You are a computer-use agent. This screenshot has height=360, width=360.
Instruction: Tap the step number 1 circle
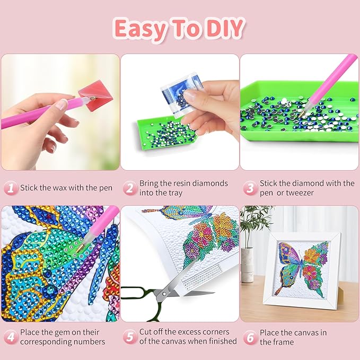tap(10, 188)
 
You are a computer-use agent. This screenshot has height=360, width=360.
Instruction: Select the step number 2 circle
tap(129, 188)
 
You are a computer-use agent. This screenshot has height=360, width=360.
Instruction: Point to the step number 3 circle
tap(249, 188)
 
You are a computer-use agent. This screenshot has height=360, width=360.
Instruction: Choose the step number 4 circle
tap(10, 337)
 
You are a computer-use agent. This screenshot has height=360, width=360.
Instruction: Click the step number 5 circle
tap(129, 337)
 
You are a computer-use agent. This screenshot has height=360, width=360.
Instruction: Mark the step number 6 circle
tap(249, 337)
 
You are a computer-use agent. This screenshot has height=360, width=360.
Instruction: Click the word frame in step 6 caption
tap(285, 341)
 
